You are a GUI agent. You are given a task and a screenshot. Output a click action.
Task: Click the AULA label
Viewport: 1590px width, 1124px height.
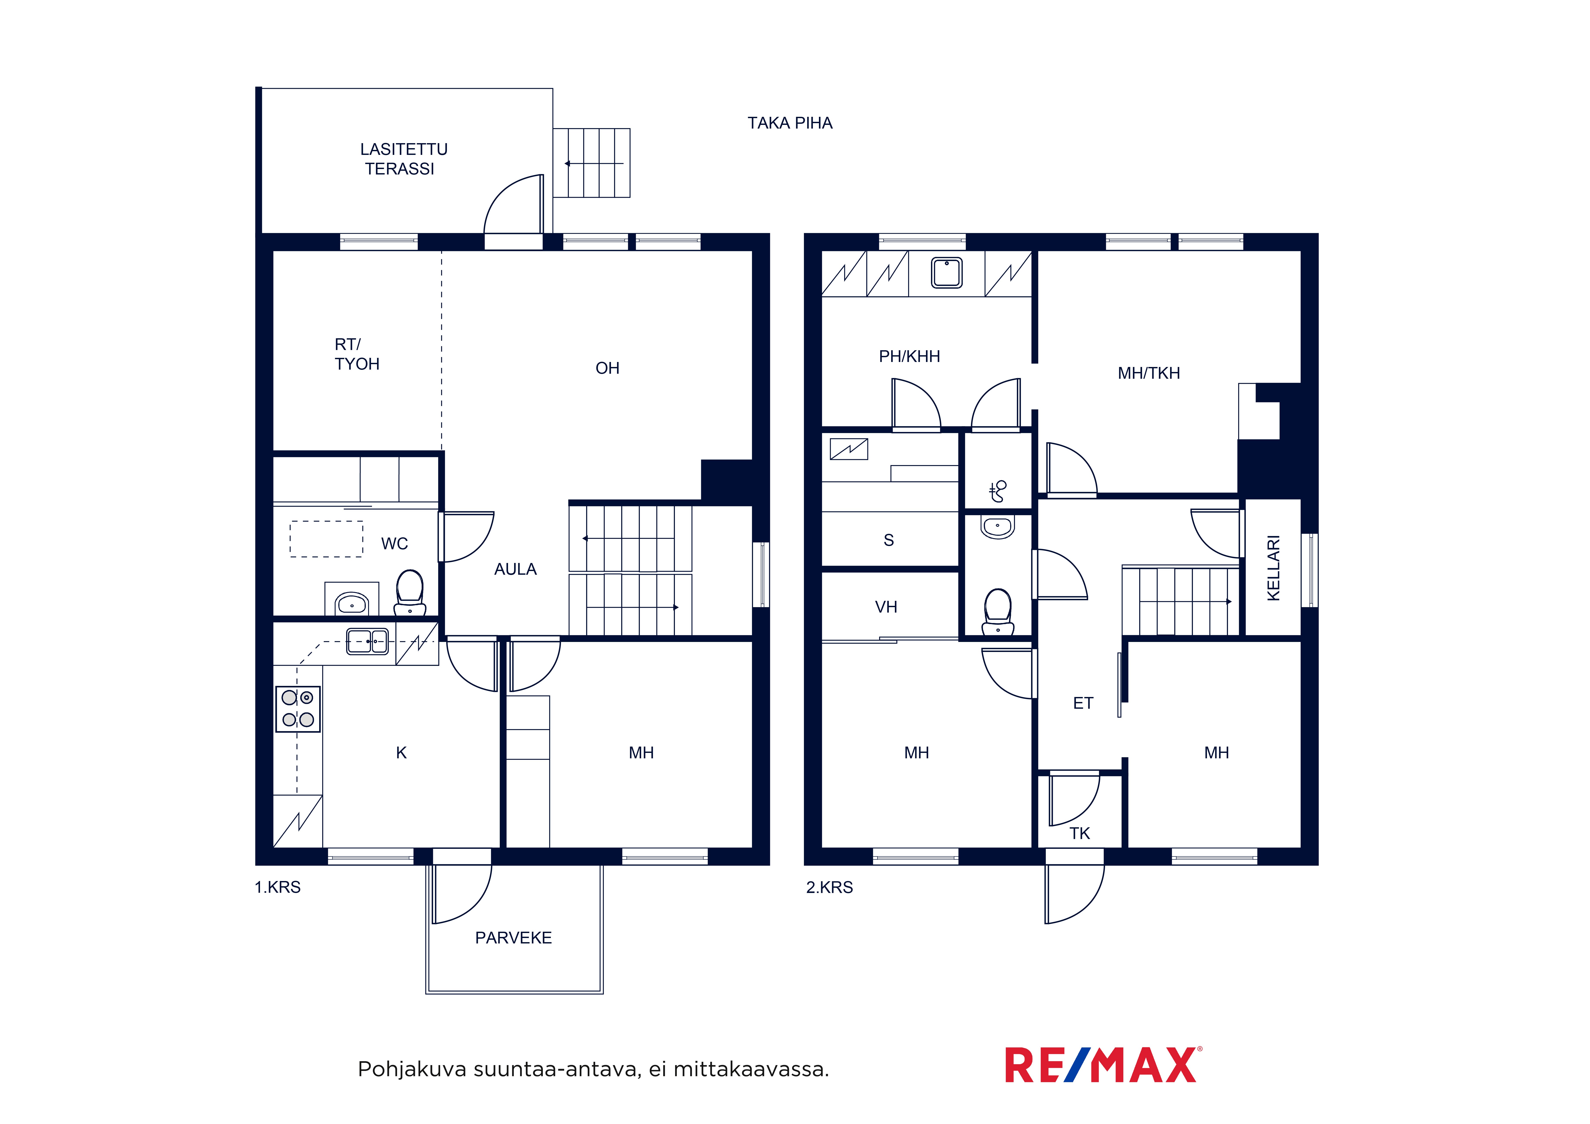point(515,569)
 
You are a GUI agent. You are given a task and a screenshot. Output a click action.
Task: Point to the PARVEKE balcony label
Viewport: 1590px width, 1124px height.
point(513,938)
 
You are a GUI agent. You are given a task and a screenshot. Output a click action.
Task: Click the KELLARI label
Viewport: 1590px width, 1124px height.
point(1273,568)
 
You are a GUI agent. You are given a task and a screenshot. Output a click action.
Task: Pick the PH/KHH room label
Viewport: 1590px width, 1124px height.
point(909,357)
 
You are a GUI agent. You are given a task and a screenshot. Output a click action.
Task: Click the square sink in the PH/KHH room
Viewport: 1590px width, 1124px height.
point(947,272)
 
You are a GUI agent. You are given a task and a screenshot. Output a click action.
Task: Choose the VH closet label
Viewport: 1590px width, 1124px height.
point(886,607)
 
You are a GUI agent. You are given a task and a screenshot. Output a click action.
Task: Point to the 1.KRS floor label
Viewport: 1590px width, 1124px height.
point(278,887)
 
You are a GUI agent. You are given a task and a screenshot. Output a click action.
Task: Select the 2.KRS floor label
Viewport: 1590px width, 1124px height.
point(830,887)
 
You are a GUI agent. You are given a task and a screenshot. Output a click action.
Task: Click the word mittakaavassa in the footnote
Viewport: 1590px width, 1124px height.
point(751,1069)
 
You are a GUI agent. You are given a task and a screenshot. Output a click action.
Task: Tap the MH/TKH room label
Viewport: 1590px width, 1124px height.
point(1149,373)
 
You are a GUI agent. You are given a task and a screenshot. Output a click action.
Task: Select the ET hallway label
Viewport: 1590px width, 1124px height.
point(1083,704)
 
